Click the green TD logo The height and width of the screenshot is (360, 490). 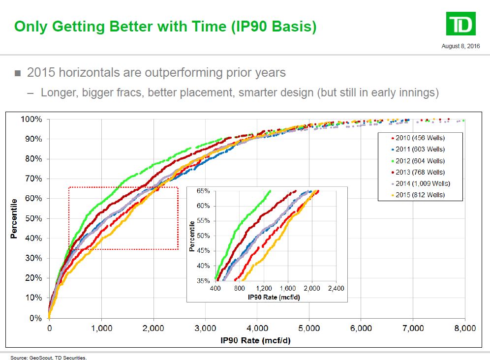[x=460, y=24]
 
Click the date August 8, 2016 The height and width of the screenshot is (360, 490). [x=461, y=46]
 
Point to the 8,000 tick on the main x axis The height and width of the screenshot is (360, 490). [x=464, y=329]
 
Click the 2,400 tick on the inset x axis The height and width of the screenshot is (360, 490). [x=336, y=288]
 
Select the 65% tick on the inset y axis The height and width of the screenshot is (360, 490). [x=203, y=191]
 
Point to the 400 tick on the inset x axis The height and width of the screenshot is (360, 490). [x=216, y=288]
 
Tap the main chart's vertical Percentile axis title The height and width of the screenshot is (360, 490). [x=14, y=218]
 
